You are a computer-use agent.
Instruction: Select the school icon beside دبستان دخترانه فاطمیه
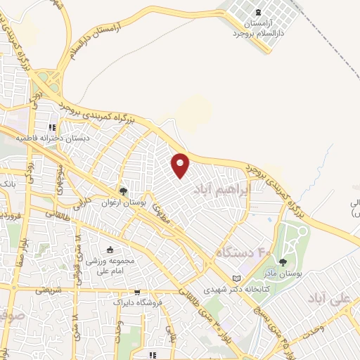pyautogui.click(x=51, y=127)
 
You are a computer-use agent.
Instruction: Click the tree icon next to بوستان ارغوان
pyautogui.click(x=124, y=191)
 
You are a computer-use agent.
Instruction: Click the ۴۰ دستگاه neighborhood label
pyautogui.click(x=243, y=250)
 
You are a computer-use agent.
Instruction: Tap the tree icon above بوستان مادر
pyautogui.click(x=283, y=262)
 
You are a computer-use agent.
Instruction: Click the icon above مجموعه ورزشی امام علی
pyautogui.click(x=109, y=250)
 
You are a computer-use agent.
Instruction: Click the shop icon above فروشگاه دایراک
pyautogui.click(x=137, y=292)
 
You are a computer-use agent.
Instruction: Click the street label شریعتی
pyautogui.click(x=49, y=289)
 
